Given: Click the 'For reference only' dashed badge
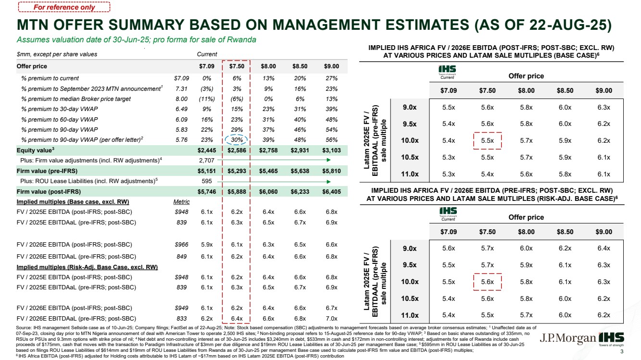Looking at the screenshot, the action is (x=64, y=7).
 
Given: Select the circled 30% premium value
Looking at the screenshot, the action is (x=237, y=140).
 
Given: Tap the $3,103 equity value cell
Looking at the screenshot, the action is (x=331, y=150).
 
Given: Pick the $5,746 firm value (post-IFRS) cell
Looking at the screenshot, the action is (x=207, y=192).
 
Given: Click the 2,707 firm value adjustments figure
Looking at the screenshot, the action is (x=207, y=161).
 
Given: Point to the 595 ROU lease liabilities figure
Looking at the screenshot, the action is (x=207, y=181).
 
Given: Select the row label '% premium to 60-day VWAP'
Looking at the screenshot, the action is (x=60, y=120).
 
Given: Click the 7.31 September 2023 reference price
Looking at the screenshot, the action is (x=181, y=88).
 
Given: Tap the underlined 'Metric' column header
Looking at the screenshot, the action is (x=181, y=202).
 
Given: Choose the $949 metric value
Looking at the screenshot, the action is (x=181, y=308).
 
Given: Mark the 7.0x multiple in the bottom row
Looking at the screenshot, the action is (x=331, y=319).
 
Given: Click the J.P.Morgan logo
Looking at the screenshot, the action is (x=568, y=338).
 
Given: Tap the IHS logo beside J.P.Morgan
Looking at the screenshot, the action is (x=611, y=339).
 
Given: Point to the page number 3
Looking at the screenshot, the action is (x=622, y=351).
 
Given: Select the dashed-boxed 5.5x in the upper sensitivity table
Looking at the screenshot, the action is (x=487, y=141).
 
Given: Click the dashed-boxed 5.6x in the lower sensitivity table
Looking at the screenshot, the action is (x=487, y=282).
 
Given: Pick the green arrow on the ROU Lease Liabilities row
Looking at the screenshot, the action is (x=274, y=182).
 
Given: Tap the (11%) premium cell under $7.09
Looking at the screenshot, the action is (x=207, y=99).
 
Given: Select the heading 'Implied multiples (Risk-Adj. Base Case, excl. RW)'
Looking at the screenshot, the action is (x=87, y=267).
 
